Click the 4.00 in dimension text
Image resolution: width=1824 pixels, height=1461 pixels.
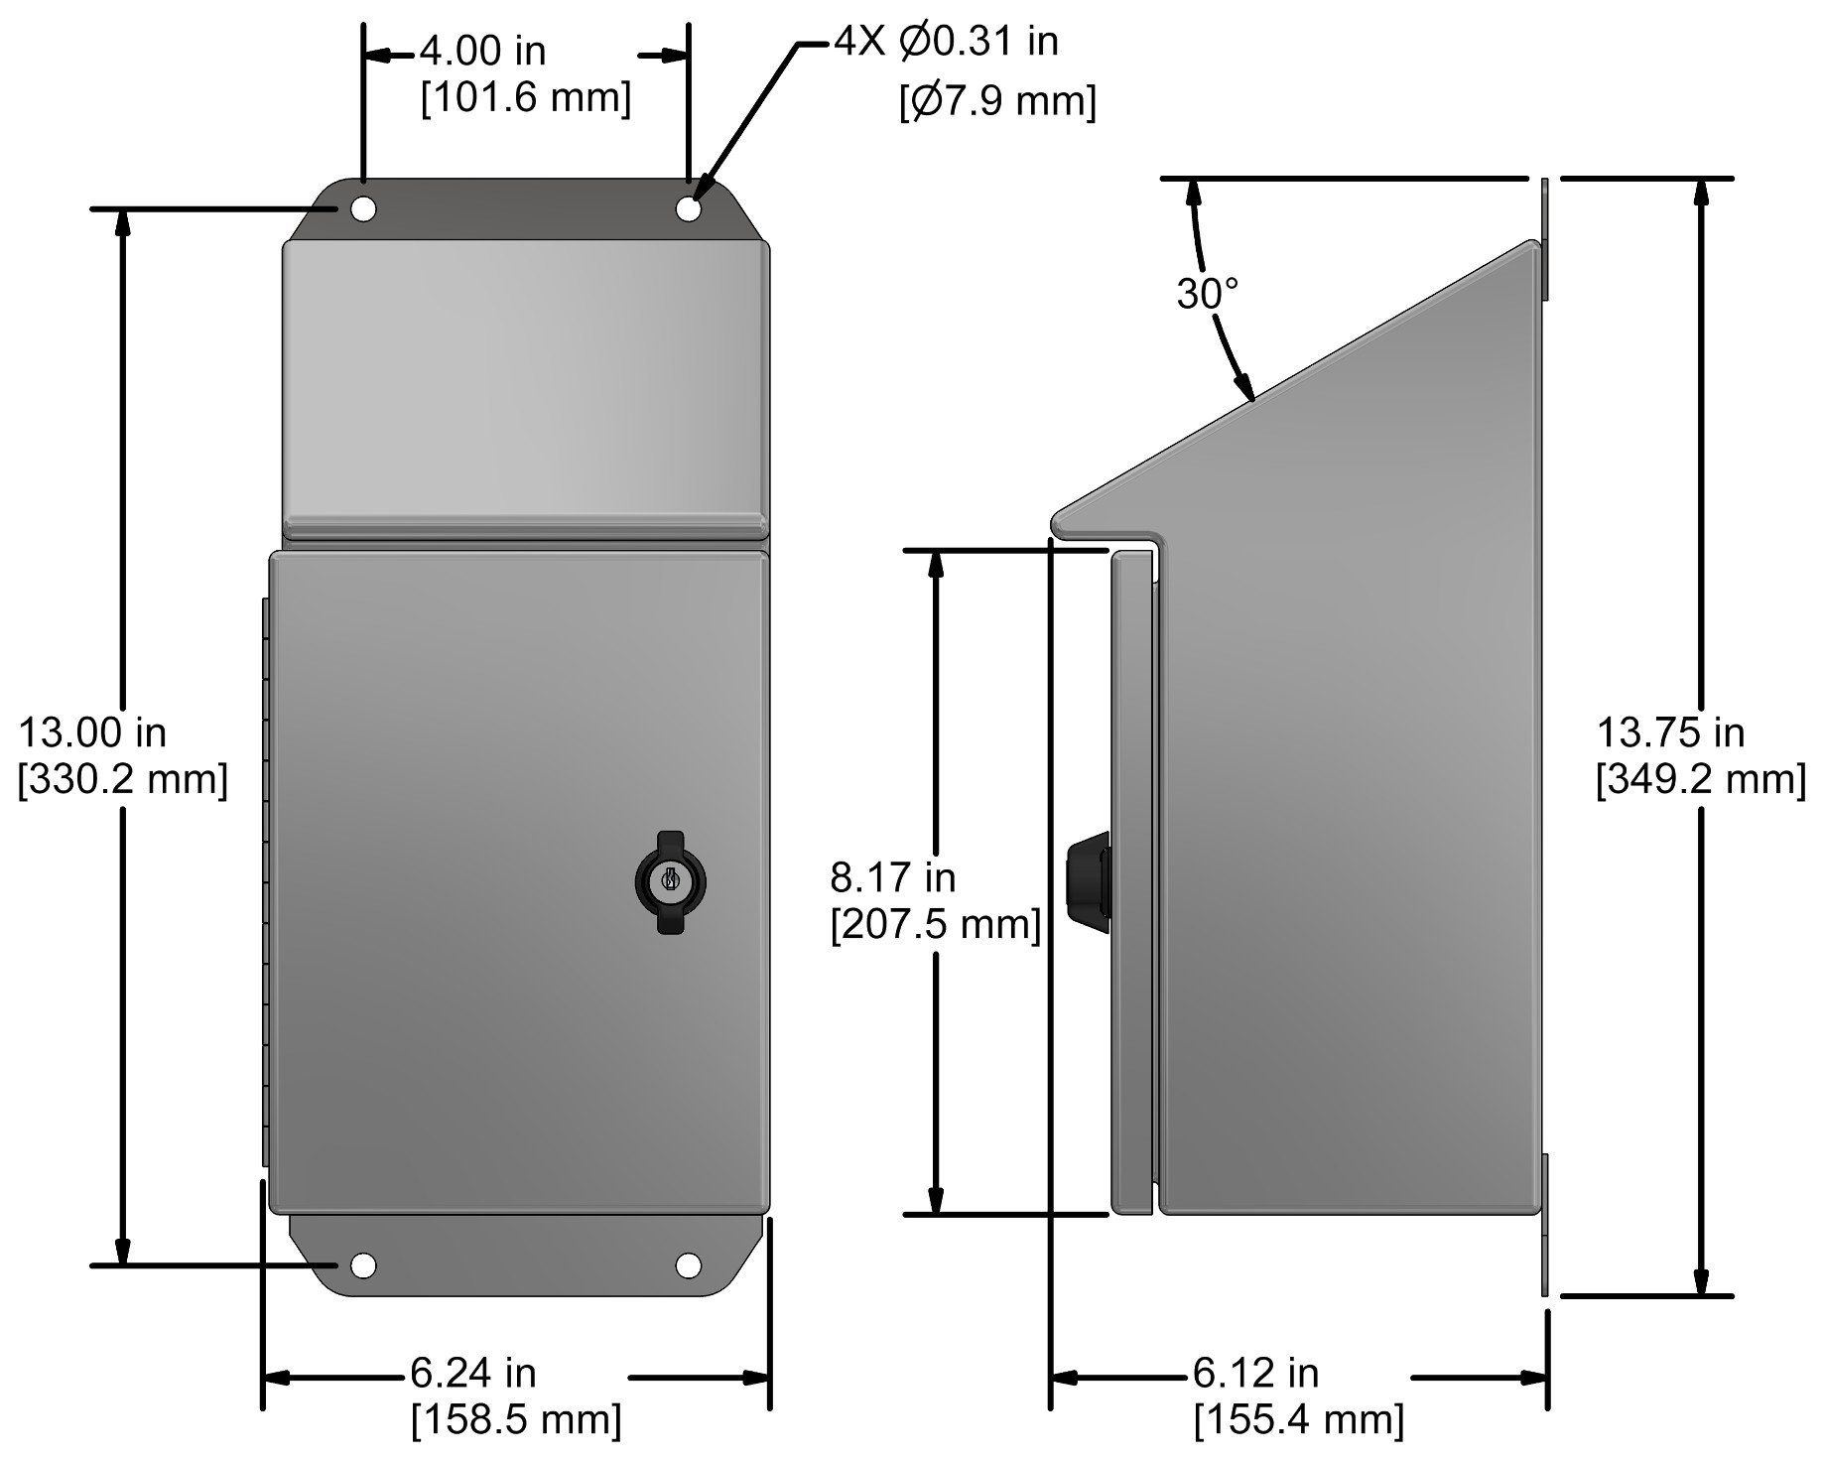[x=482, y=50]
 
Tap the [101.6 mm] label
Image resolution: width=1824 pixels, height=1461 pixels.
[x=526, y=98]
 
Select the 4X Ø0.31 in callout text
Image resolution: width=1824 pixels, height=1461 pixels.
[x=946, y=42]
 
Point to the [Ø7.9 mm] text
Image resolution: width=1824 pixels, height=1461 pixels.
[x=997, y=101]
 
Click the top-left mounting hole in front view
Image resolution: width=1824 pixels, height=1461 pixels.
[x=363, y=208]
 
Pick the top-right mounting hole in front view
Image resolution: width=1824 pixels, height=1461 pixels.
[x=689, y=208]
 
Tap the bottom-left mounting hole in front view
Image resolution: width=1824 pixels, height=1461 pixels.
[x=363, y=1265]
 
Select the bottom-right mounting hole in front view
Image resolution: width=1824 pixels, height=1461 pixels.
[x=689, y=1265]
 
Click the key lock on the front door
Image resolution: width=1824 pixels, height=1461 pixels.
[x=670, y=881]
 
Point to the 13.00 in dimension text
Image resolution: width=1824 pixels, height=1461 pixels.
[x=93, y=733]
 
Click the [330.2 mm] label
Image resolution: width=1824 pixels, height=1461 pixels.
[x=123, y=780]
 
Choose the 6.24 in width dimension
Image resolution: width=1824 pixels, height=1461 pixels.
[x=473, y=1374]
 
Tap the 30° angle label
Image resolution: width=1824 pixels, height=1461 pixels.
[x=1208, y=294]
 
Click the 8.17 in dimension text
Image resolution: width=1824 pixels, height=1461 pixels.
[x=893, y=878]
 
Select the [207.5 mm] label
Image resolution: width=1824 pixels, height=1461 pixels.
[x=935, y=925]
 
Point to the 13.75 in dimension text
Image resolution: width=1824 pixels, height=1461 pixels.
[x=1670, y=733]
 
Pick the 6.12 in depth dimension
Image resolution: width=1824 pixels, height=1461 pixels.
[x=1256, y=1374]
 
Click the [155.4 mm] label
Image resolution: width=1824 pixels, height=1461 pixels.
[x=1299, y=1420]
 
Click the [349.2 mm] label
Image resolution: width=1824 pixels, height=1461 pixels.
[x=1700, y=780]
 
